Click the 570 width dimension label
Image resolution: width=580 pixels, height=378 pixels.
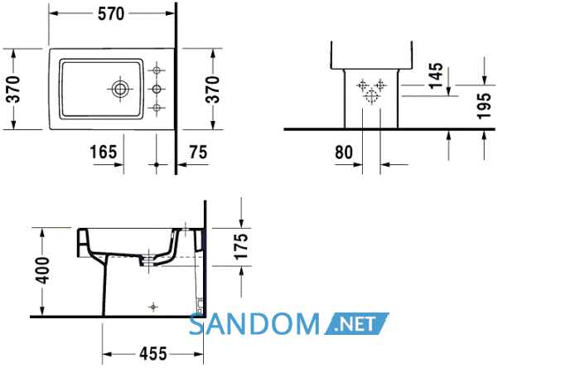click(x=111, y=14)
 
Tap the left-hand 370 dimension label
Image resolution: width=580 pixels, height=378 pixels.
click(x=14, y=90)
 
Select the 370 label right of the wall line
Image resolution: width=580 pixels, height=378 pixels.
click(x=213, y=90)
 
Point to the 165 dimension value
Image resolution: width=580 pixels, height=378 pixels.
click(x=104, y=152)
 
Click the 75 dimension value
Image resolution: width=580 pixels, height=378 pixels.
click(x=198, y=152)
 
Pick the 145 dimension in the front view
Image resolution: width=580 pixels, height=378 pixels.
click(x=436, y=75)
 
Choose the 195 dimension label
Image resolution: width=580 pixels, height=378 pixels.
click(x=484, y=106)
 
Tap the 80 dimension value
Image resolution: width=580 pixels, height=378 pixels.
click(x=344, y=153)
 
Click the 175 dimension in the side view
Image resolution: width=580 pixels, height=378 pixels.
click(x=241, y=246)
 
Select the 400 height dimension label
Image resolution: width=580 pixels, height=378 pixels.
click(x=42, y=270)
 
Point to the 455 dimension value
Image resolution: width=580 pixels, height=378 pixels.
click(x=153, y=354)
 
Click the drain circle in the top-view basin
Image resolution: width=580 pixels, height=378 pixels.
click(x=120, y=89)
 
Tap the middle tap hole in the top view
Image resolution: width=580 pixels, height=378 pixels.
click(x=157, y=89)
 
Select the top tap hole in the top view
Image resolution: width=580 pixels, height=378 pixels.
click(x=157, y=70)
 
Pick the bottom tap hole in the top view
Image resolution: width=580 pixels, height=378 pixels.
click(x=157, y=108)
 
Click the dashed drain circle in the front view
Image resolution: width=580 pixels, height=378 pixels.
click(x=371, y=96)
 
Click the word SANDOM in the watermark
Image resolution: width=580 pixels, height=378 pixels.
click(x=254, y=324)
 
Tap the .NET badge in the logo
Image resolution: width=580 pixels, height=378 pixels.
click(x=356, y=324)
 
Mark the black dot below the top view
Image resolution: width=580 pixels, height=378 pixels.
click(x=157, y=164)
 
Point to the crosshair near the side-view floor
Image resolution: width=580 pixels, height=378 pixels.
click(x=153, y=307)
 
